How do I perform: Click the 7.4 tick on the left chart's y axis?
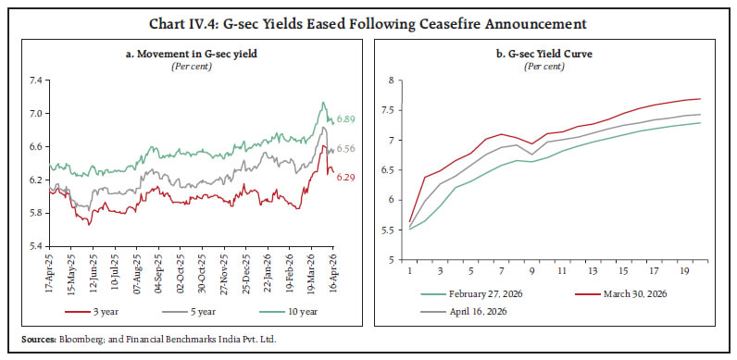36,81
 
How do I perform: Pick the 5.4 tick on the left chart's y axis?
36,246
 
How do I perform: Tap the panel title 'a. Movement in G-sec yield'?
191,54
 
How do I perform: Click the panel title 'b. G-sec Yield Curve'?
544,54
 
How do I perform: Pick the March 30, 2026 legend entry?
621,294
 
